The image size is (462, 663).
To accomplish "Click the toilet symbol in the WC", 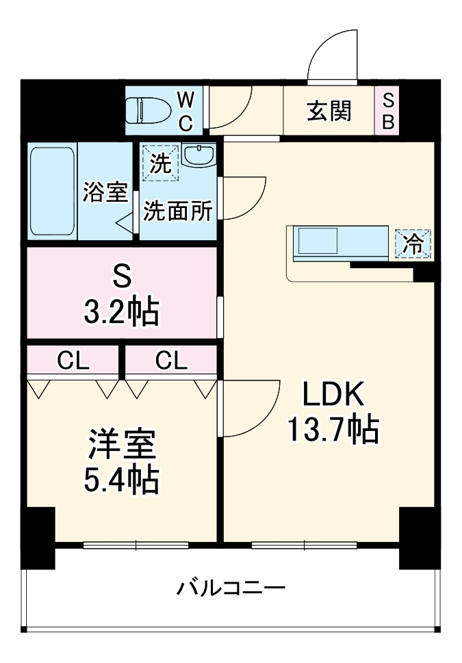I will [x=149, y=109].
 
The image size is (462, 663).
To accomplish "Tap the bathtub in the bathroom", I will [x=52, y=190].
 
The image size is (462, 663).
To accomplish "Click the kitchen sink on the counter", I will [x=316, y=242].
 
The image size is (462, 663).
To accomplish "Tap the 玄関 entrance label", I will [x=329, y=110].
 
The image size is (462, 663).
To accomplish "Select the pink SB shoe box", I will [x=387, y=111].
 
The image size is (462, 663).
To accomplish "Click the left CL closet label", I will [x=73, y=361].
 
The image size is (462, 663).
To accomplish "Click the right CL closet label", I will [x=170, y=361].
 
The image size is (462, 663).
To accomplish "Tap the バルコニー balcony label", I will [x=231, y=588].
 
